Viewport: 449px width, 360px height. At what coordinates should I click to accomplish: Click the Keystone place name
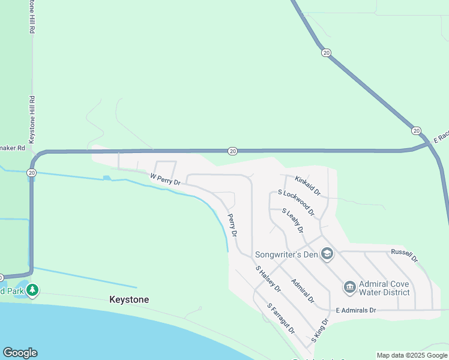click(128, 299)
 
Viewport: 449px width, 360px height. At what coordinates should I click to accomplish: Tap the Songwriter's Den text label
click(286, 254)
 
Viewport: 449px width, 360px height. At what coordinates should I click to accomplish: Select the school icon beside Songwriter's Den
click(327, 254)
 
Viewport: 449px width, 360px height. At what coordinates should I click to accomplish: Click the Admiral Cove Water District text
click(384, 288)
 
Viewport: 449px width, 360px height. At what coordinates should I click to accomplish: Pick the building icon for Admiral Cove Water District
click(349, 288)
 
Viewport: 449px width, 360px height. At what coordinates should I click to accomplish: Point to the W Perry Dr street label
click(165, 179)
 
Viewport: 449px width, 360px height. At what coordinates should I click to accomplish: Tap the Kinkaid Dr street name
click(308, 185)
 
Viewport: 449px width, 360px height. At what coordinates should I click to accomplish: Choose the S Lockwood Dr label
click(297, 203)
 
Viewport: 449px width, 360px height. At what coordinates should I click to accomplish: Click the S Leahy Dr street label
click(292, 221)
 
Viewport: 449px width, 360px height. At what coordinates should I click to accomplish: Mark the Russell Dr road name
click(404, 256)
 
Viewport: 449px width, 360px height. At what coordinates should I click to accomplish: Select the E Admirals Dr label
click(355, 310)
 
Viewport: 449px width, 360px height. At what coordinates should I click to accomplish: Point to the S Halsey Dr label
click(268, 280)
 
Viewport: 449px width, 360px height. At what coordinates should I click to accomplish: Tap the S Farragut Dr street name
click(281, 319)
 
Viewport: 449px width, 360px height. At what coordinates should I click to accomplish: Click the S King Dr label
click(320, 331)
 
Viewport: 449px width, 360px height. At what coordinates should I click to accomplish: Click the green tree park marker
click(32, 290)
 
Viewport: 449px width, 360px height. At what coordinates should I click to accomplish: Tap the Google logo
click(20, 353)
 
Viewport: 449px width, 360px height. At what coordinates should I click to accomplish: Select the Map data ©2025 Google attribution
click(412, 355)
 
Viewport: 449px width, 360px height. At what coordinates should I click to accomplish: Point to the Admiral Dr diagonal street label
click(303, 290)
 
